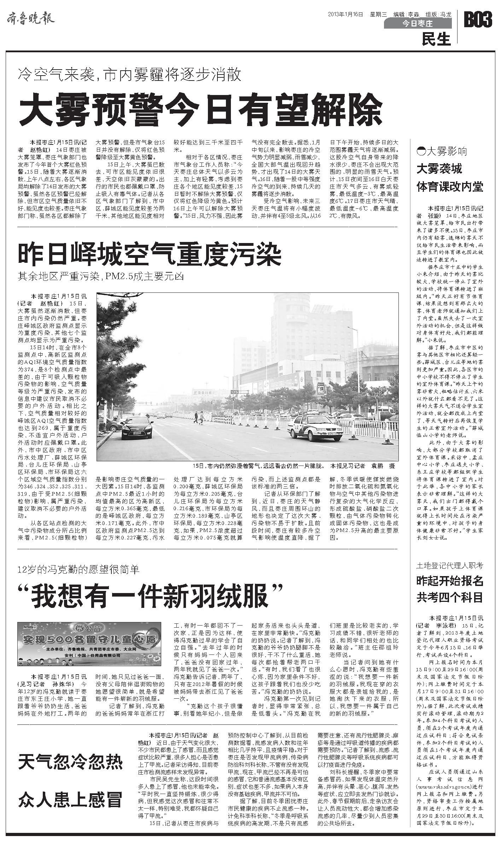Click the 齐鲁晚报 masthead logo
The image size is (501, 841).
tap(31, 19)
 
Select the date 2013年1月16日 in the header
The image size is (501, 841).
tap(345, 14)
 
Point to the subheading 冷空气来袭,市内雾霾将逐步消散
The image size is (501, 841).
tap(130, 75)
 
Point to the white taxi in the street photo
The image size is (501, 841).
tap(315, 428)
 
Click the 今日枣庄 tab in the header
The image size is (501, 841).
tap(418, 24)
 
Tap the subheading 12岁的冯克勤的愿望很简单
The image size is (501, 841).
tap(79, 569)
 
